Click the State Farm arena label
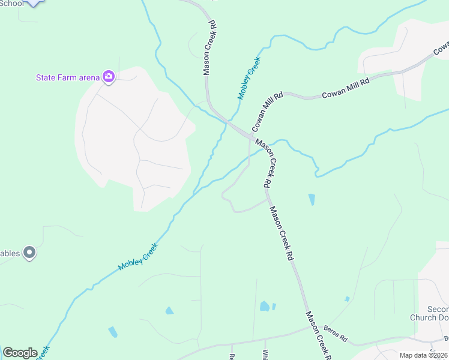point(67,77)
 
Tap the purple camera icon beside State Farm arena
point(109,76)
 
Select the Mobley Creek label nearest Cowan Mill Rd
point(250,78)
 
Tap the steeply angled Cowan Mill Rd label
point(267,112)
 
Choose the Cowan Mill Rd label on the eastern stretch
point(345,87)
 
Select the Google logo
point(20,353)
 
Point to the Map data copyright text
point(424,355)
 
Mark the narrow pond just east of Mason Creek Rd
point(312,200)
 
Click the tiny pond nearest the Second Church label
point(347,299)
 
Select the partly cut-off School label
point(13,3)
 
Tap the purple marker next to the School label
point(34,3)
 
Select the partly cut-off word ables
point(10,253)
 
